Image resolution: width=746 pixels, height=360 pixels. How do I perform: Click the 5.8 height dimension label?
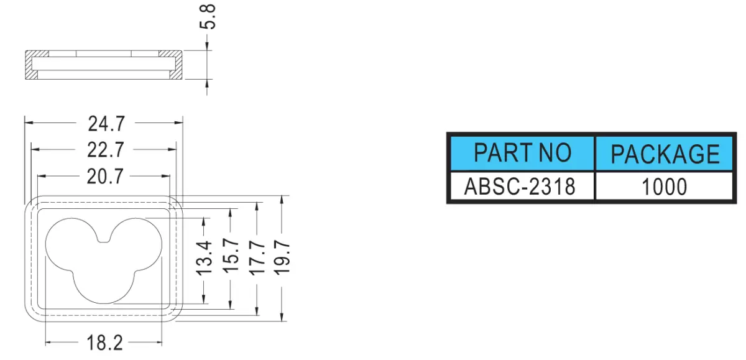208,17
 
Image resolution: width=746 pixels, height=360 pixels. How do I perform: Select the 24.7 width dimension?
106,124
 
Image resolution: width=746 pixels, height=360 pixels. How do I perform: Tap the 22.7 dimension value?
106,150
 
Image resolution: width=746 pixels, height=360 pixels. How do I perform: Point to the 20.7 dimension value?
105,177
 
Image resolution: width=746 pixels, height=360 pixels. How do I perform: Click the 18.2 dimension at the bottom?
104,343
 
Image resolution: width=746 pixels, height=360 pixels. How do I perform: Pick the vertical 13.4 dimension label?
204,259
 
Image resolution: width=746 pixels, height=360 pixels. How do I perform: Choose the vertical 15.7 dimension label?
231,256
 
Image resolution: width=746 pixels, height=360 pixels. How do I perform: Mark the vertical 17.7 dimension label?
257,259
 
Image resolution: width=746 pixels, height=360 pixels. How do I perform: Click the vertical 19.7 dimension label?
282,259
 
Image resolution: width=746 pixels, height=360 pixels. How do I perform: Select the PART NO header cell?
522,153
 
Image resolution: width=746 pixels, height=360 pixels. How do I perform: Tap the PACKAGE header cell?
665,153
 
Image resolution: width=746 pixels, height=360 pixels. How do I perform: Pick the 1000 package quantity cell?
665,186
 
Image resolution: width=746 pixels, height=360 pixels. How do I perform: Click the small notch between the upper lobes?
104,239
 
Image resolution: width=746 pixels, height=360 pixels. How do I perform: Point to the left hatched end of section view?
32,65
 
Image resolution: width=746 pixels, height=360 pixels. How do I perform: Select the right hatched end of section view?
176,65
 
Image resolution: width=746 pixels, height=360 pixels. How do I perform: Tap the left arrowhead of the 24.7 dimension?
29,123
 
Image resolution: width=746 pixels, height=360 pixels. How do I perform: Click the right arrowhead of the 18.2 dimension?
158,342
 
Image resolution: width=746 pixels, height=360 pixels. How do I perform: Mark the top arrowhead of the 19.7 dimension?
282,200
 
